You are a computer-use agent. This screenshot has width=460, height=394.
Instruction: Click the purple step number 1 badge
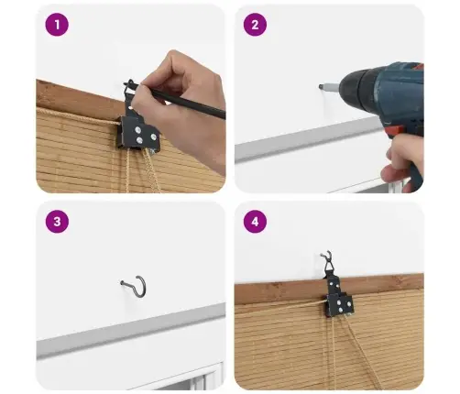point(57,25)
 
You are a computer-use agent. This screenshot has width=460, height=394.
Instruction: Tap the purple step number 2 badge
point(255,25)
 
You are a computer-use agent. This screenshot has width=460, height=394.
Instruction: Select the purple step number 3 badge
point(57,222)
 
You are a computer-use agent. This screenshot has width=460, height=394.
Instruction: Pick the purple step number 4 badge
point(255,222)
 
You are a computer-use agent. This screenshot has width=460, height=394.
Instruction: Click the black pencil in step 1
point(177,99)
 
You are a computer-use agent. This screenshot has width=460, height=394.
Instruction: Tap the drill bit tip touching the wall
point(320,86)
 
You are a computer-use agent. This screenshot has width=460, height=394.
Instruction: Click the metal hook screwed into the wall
point(135,286)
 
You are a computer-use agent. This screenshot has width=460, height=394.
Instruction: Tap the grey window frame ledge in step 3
point(131,331)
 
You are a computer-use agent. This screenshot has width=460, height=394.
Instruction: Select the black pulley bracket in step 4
point(338,295)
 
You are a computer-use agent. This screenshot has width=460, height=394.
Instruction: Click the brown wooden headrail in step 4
point(329,289)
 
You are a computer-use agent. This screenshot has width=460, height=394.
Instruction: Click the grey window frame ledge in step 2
point(309,139)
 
